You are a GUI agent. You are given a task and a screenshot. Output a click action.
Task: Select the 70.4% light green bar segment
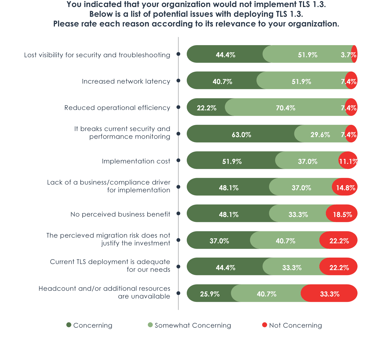(285, 108)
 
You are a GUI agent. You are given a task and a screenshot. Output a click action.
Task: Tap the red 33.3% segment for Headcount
(330, 294)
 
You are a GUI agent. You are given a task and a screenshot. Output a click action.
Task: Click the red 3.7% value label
(348, 55)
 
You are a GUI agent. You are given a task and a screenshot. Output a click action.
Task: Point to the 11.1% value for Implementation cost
(348, 161)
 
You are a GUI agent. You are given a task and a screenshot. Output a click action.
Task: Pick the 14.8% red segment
(345, 187)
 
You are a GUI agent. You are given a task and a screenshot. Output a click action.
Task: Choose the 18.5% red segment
(342, 214)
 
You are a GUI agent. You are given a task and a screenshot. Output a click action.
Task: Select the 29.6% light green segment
(320, 134)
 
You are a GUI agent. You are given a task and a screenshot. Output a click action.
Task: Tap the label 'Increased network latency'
(126, 81)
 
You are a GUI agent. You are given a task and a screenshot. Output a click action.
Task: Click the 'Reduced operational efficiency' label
(117, 108)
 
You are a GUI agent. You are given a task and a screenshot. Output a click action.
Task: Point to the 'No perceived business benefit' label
(120, 214)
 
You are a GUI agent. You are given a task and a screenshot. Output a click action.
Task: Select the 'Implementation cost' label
(136, 161)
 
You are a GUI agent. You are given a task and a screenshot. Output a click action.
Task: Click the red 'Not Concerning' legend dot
(265, 325)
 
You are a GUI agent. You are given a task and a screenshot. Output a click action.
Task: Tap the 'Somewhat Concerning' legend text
(193, 325)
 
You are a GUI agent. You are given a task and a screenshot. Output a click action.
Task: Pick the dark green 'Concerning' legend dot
(69, 325)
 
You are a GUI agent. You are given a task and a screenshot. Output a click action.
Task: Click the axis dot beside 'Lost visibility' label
(178, 54)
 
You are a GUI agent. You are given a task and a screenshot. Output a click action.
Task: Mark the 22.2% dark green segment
(206, 108)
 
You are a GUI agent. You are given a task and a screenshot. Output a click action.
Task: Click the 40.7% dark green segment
(222, 81)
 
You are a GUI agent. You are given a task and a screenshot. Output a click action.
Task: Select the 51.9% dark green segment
(232, 161)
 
